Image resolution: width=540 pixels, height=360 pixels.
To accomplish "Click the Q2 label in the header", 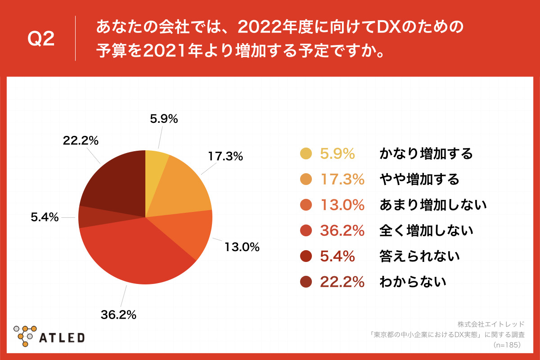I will pos(41,40).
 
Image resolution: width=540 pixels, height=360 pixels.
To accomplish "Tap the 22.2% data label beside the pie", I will pos(81,140).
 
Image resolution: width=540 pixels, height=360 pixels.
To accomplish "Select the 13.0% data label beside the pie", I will pos(242,247).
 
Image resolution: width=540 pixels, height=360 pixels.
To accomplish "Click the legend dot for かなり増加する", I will pos(306,154).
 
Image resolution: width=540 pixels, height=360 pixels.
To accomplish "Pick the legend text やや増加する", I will pos(419,180).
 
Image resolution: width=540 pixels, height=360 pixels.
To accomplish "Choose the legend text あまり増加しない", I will pos(433,205).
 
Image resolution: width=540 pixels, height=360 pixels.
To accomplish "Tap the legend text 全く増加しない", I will pos(426,231).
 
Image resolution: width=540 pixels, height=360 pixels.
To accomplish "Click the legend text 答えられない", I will pos(419,256).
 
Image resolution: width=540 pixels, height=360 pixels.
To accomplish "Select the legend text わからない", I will pos(413,282).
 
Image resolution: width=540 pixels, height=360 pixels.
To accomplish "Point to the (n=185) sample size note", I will pos(507,345).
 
